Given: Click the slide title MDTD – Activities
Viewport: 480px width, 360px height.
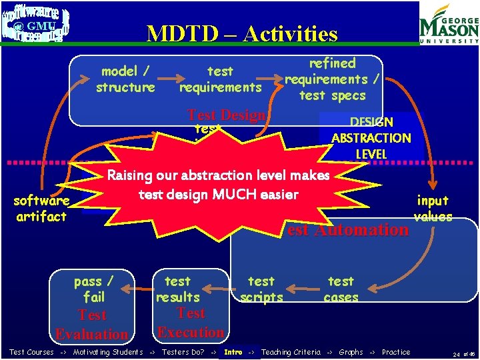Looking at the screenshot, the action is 242,33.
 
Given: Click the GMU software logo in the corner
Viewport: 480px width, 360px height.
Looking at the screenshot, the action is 35,25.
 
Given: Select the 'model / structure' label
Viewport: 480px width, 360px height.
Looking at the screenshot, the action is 125,79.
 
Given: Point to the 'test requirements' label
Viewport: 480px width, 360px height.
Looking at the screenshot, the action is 220,79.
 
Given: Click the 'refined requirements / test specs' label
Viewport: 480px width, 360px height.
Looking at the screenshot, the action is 332,79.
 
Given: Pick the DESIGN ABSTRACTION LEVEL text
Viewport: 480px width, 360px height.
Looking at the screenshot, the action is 371,138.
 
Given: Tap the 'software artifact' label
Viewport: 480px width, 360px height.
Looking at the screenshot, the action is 41,208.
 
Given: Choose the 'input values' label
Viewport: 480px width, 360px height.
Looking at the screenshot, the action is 433,208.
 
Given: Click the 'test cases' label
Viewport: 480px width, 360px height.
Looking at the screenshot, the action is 341,289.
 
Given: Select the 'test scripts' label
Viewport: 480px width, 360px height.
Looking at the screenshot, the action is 261,289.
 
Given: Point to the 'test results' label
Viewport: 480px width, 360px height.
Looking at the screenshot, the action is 177,289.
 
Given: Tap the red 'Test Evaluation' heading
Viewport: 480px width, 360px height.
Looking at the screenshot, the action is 92,325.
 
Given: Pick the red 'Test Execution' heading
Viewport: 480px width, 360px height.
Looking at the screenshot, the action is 191,323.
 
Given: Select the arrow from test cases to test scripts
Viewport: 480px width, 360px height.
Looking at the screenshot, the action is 303,290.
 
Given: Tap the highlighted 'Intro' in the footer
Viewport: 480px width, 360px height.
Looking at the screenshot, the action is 233,352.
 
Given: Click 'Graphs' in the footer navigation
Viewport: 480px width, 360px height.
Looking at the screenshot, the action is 351,352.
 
